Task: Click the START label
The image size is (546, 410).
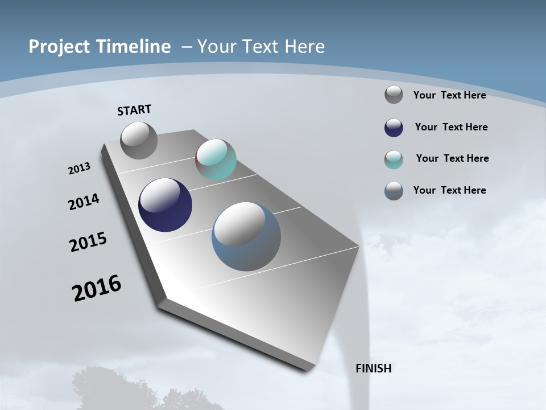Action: click(134, 110)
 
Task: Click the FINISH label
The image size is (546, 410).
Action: click(373, 368)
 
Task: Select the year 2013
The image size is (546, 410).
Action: click(79, 169)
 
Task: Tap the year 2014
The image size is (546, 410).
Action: click(84, 202)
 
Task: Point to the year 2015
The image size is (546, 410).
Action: click(88, 242)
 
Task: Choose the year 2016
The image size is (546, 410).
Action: click(97, 288)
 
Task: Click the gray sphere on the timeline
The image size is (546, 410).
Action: click(139, 141)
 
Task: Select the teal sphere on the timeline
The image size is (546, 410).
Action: click(216, 159)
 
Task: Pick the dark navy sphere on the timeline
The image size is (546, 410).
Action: click(165, 205)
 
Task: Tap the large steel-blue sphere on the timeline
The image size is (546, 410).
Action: click(246, 236)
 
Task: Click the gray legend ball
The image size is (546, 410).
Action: click(394, 95)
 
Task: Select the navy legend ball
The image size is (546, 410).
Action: click(394, 128)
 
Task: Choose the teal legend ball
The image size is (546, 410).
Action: click(394, 159)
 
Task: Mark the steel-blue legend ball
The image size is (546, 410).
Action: click(394, 191)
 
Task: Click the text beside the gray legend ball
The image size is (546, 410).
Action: click(449, 95)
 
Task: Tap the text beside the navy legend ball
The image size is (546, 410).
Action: click(451, 127)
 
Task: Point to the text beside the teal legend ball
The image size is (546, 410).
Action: click(452, 158)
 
